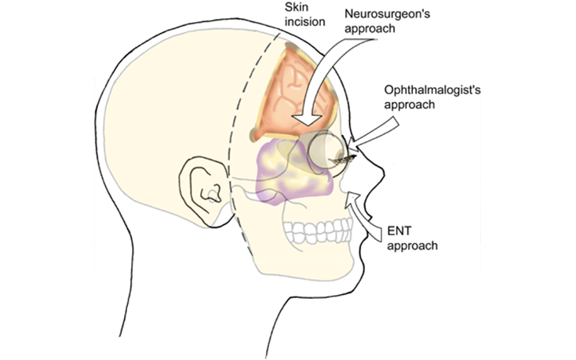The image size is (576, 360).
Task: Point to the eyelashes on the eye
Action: [343, 161]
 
